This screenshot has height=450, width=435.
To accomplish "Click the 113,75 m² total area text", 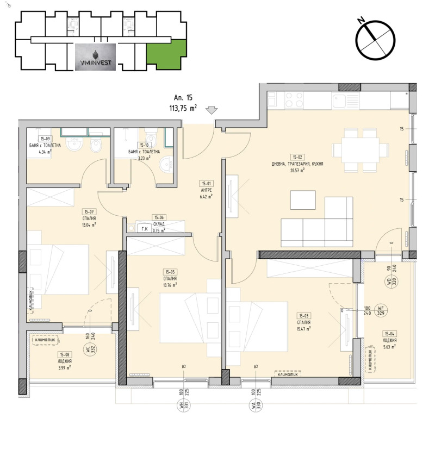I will [x=183, y=108].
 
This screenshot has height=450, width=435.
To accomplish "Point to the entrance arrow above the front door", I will [x=212, y=110].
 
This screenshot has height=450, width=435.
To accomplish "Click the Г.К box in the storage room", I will [x=144, y=229].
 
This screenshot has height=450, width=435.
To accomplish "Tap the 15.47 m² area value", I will [x=304, y=328].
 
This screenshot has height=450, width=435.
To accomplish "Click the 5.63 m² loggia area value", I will [x=389, y=346].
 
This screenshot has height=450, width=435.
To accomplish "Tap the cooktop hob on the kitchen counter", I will [x=294, y=99].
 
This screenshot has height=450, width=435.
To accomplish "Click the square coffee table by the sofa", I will [x=303, y=199].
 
